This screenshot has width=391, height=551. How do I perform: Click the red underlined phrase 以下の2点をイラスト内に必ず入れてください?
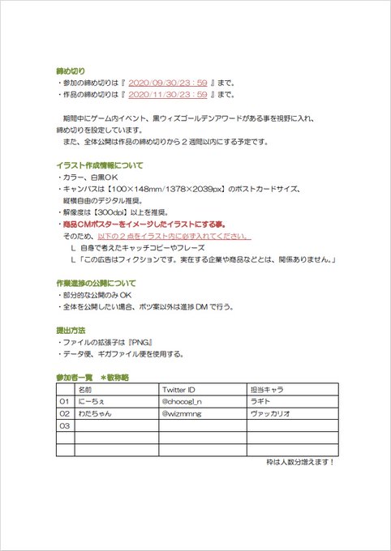(168, 236)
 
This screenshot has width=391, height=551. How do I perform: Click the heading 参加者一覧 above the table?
(73, 378)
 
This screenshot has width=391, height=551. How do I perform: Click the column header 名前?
(87, 390)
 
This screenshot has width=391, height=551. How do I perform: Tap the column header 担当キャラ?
(267, 390)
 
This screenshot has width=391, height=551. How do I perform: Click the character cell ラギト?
(261, 401)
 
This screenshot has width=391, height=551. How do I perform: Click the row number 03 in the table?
(64, 425)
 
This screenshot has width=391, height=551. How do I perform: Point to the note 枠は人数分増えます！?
(300, 462)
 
